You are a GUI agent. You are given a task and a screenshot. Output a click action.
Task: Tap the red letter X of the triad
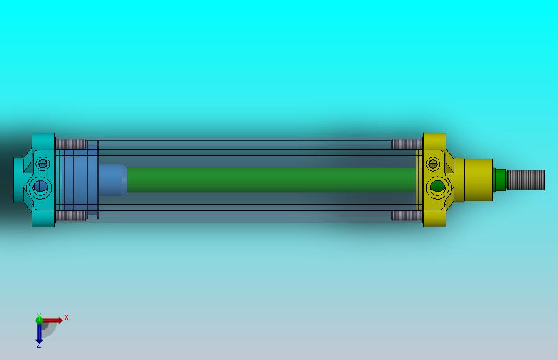(66, 317)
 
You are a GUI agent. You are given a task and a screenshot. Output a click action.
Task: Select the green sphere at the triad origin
(39, 320)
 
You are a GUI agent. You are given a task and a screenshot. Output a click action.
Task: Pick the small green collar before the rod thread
(499, 180)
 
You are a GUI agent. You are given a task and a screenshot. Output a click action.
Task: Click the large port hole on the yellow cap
(437, 185)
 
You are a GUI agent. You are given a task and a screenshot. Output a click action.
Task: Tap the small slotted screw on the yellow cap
(432, 165)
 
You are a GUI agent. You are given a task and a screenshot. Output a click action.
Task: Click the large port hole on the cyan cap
(42, 185)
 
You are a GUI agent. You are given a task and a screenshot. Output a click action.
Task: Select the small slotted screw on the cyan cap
(42, 164)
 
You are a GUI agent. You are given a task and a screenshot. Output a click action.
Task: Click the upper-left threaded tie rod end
(70, 144)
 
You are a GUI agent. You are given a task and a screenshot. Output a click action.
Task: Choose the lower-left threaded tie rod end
(70, 216)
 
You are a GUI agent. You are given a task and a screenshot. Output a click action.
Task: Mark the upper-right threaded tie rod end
(407, 144)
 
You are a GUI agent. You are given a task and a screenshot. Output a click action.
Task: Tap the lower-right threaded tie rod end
(407, 216)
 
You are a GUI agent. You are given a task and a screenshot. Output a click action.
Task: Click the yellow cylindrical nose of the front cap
(478, 179)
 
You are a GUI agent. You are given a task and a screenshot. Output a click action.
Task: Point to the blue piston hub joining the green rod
(113, 180)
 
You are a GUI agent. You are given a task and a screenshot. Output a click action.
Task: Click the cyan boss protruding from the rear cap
(20, 179)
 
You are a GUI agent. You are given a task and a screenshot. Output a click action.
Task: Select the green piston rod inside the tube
(267, 179)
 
